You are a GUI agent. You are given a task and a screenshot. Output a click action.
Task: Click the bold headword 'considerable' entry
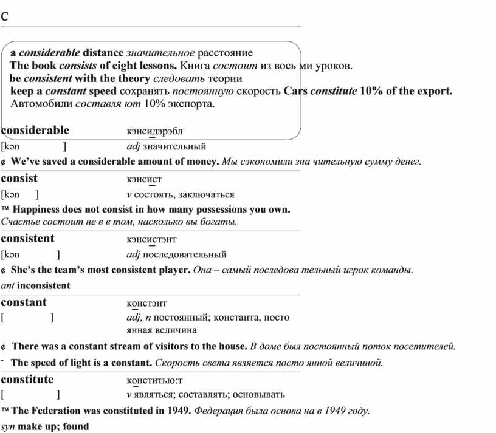pyautogui.click(x=35, y=130)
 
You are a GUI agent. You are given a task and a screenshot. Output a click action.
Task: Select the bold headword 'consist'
pyautogui.click(x=19, y=178)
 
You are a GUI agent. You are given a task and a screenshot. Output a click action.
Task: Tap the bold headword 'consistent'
pyautogui.click(x=28, y=238)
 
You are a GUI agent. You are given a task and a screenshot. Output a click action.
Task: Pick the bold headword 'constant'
pyautogui.click(x=24, y=302)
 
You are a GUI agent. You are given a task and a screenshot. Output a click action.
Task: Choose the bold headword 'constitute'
pyautogui.click(x=27, y=379)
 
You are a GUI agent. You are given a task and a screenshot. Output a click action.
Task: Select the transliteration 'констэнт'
pyautogui.click(x=146, y=303)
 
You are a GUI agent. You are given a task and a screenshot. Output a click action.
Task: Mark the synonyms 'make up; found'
pyautogui.click(x=53, y=426)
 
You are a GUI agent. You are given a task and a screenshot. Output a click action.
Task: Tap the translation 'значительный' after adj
pyautogui.click(x=174, y=146)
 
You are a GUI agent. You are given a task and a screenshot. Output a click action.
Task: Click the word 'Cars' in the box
pyautogui.click(x=295, y=91)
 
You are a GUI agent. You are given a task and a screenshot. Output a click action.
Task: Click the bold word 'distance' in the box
pyautogui.click(x=103, y=53)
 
